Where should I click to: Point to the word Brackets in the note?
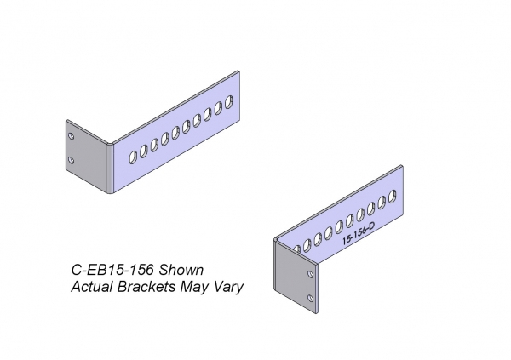pyautogui.click(x=147, y=287)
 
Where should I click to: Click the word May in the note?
pyautogui.click(x=195, y=287)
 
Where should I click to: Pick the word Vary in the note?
pyautogui.click(x=228, y=287)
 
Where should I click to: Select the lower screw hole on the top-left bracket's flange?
pyautogui.click(x=73, y=160)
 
